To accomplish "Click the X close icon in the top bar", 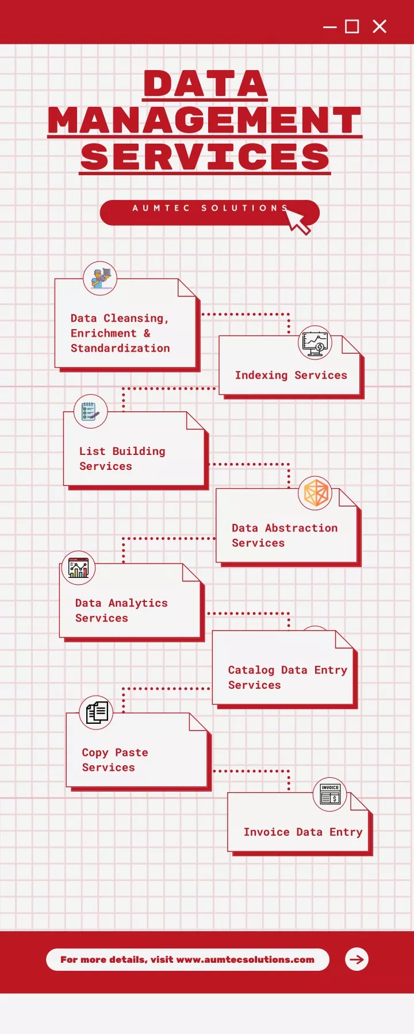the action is coord(379,26).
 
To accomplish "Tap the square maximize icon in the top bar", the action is coord(352,26).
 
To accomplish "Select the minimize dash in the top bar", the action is coord(330,27).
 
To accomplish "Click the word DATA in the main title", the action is coord(206,84).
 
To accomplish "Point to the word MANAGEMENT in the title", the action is coord(205,120).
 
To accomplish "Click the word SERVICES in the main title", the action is coord(205,157).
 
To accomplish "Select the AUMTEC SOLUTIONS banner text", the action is coord(210,208).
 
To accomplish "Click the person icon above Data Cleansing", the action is coord(100,279).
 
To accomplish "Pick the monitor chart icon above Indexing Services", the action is coord(315,343).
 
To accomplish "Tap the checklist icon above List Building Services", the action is coord(91,411).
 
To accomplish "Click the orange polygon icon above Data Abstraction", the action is coord(315,493).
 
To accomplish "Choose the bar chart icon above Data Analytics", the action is coord(78,568).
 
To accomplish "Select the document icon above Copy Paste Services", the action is coord(96,712).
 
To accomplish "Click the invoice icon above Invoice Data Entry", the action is coord(329,794).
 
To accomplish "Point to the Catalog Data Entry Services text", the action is coord(287,677).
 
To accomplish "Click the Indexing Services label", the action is coord(291,375).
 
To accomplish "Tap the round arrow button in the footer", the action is coord(356,959).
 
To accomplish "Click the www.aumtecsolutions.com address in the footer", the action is coord(246,959).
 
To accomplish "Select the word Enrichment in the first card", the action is coord(103,333).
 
